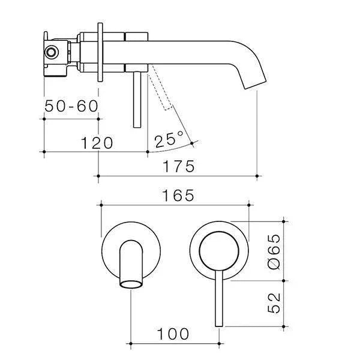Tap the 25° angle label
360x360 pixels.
tap(169, 141)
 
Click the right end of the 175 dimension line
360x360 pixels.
tap(257, 176)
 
